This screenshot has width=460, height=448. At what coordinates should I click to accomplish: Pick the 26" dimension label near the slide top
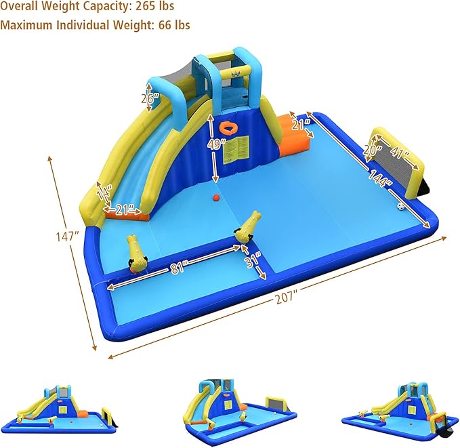point(150,98)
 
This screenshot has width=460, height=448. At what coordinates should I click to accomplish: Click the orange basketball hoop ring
point(230,128)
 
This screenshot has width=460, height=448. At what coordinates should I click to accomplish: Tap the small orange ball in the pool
point(215,198)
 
